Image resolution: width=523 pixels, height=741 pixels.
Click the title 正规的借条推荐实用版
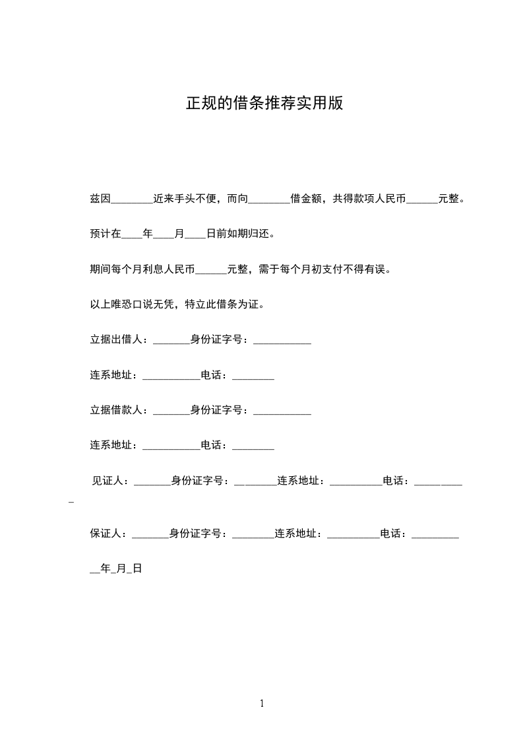click(x=264, y=104)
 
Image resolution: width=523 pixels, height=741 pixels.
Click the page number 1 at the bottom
click(x=262, y=703)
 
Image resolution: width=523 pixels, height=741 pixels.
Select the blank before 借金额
click(x=270, y=199)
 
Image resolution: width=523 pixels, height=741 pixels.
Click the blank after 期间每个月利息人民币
click(x=212, y=269)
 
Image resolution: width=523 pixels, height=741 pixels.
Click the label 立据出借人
click(x=118, y=340)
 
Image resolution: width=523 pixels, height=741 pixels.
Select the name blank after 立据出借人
click(x=171, y=341)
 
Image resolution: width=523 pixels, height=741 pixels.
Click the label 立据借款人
click(x=118, y=410)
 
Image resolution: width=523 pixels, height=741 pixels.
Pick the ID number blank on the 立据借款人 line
click(x=282, y=411)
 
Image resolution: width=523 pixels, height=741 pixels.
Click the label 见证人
click(x=109, y=481)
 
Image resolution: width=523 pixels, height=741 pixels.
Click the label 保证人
click(x=108, y=534)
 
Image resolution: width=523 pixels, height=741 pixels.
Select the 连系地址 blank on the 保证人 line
click(x=354, y=535)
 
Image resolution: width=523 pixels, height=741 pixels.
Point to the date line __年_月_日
click(x=116, y=569)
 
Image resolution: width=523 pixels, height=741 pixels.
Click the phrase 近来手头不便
click(x=187, y=199)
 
